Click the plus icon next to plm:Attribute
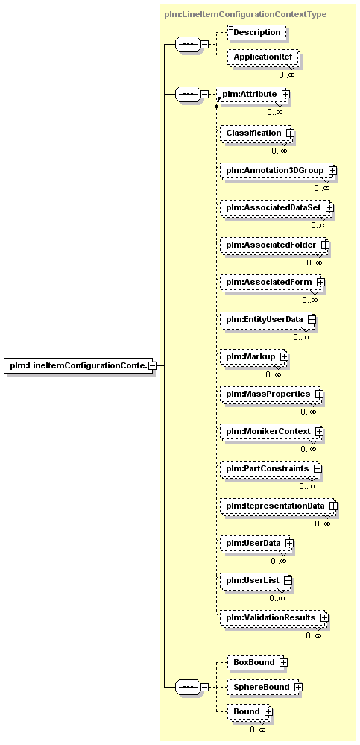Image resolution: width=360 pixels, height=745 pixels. (x=285, y=95)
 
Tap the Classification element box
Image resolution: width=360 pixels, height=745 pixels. (x=257, y=133)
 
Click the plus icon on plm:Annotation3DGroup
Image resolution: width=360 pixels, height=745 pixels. (x=332, y=170)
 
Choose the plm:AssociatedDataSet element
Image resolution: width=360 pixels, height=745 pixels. (x=277, y=207)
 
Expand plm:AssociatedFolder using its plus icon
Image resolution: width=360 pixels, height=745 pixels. (x=325, y=245)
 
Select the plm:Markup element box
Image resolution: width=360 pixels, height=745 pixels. (x=254, y=356)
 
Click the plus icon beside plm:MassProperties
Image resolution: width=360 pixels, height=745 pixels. (x=319, y=394)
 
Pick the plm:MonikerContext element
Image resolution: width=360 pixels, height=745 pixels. (x=271, y=432)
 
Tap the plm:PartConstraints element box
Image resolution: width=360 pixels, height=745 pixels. (x=271, y=469)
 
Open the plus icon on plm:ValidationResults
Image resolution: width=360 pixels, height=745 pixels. (x=324, y=617)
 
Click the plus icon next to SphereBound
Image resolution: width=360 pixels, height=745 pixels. (x=298, y=688)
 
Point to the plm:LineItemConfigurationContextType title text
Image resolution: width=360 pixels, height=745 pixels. (x=245, y=14)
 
